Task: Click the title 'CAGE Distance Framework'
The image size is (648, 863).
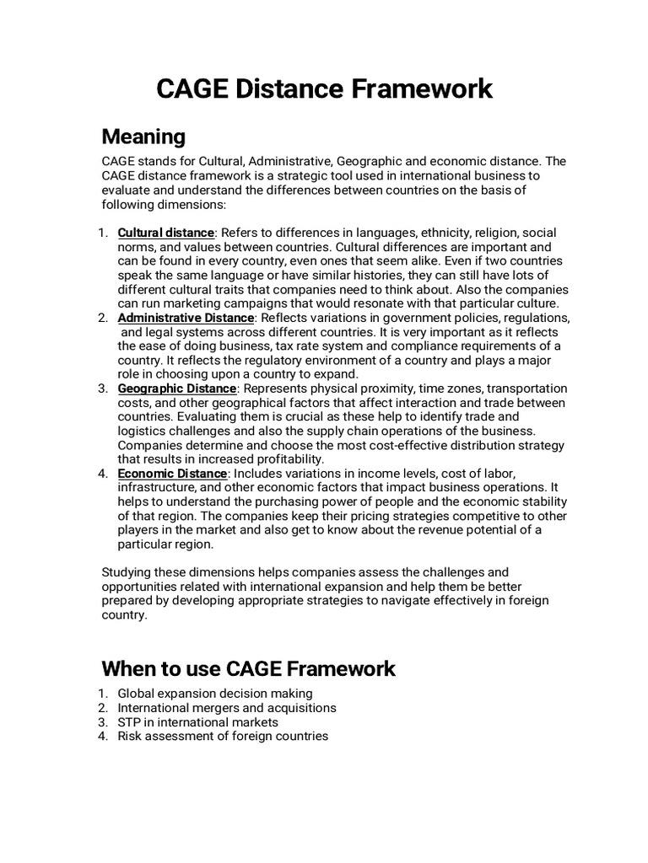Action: [324, 89]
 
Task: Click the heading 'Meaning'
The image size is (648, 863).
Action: [143, 136]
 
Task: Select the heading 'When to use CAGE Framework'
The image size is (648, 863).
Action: [248, 669]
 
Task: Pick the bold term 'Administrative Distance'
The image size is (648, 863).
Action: [186, 318]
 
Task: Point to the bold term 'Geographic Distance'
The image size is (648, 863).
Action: [177, 389]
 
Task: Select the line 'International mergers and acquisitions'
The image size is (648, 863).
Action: [227, 708]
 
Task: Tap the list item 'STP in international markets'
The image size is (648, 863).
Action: [197, 722]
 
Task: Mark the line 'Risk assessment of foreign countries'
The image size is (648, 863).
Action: [223, 737]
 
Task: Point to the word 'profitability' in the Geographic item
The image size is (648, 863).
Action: [289, 459]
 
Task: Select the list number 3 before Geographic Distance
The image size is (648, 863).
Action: [103, 389]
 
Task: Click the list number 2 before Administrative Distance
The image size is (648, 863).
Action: [103, 318]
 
